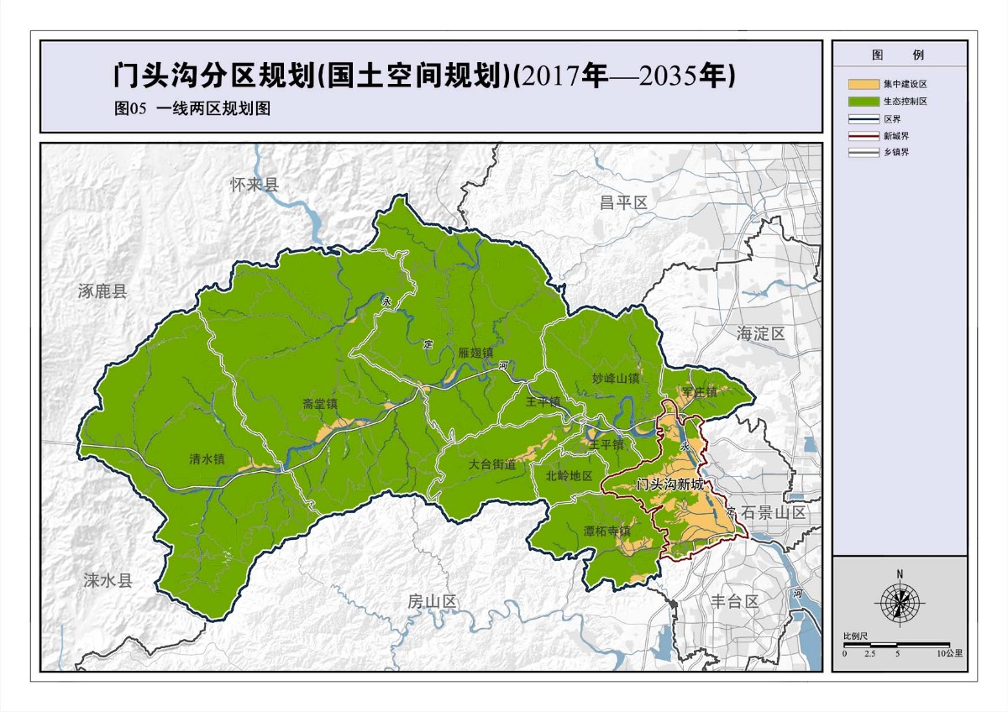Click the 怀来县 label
pos(254,186)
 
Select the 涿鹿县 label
pos(102,292)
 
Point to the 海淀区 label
pos(760,333)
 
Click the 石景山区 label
pos(774,512)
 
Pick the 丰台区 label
pos(735,601)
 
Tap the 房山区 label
pos(432,601)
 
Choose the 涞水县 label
pos(108,580)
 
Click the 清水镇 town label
pos(207,459)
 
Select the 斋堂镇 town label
pos(320,404)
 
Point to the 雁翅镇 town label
pos(475,353)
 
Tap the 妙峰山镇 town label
pos(616,379)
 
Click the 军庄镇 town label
pos(700,392)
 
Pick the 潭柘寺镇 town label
pos(607,531)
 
